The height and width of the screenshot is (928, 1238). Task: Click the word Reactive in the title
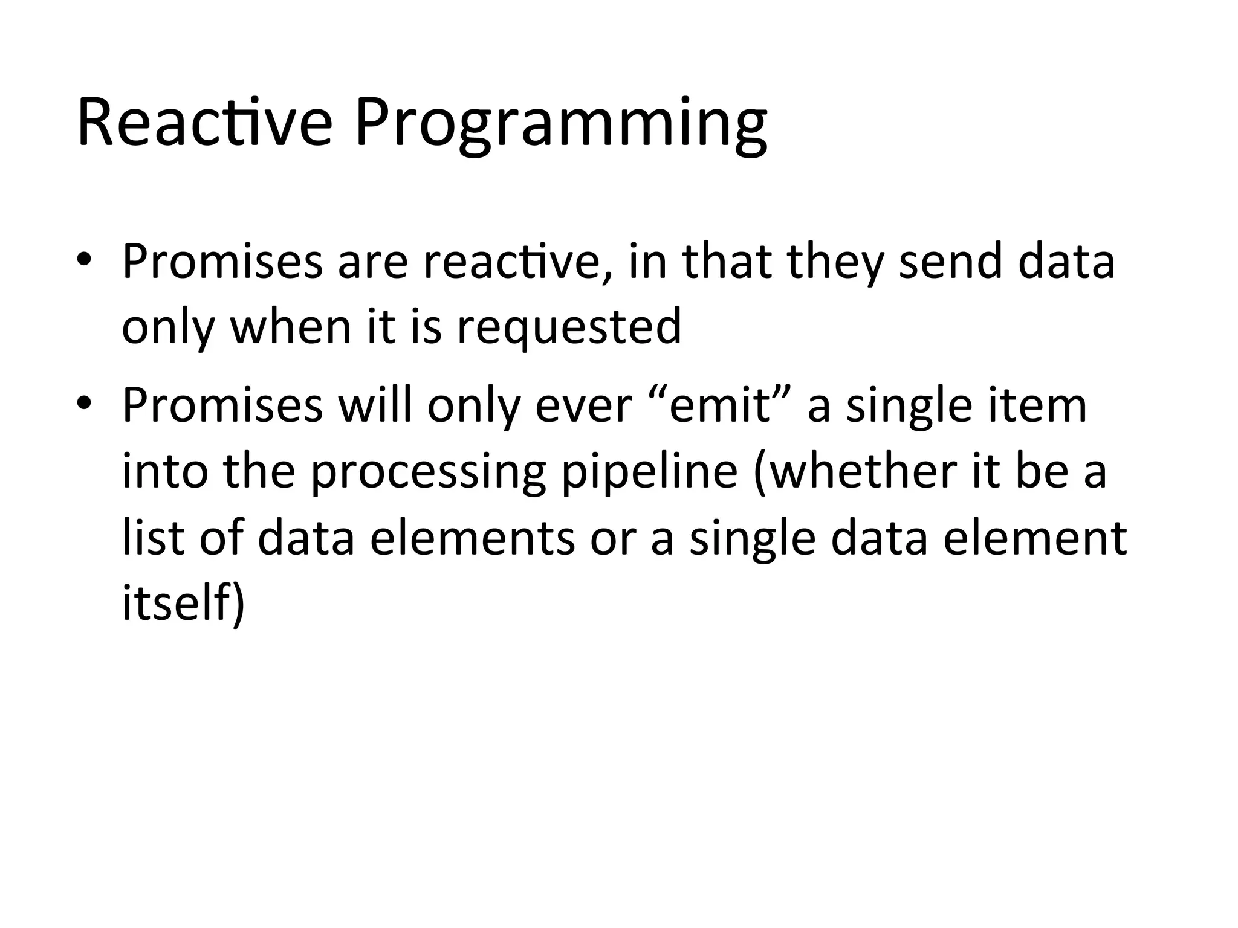204,123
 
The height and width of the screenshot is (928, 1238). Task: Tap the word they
836,263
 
